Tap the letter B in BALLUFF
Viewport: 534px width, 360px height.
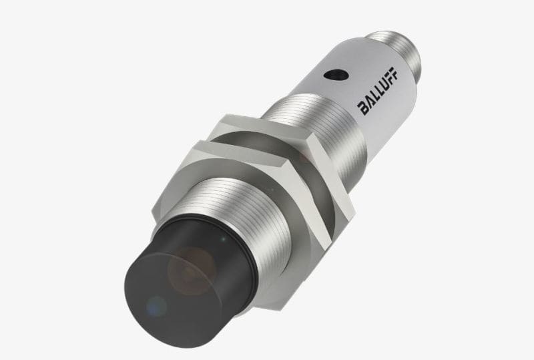pos(364,109)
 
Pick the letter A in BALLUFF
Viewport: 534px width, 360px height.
pos(370,102)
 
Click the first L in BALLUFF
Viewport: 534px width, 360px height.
pos(376,95)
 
